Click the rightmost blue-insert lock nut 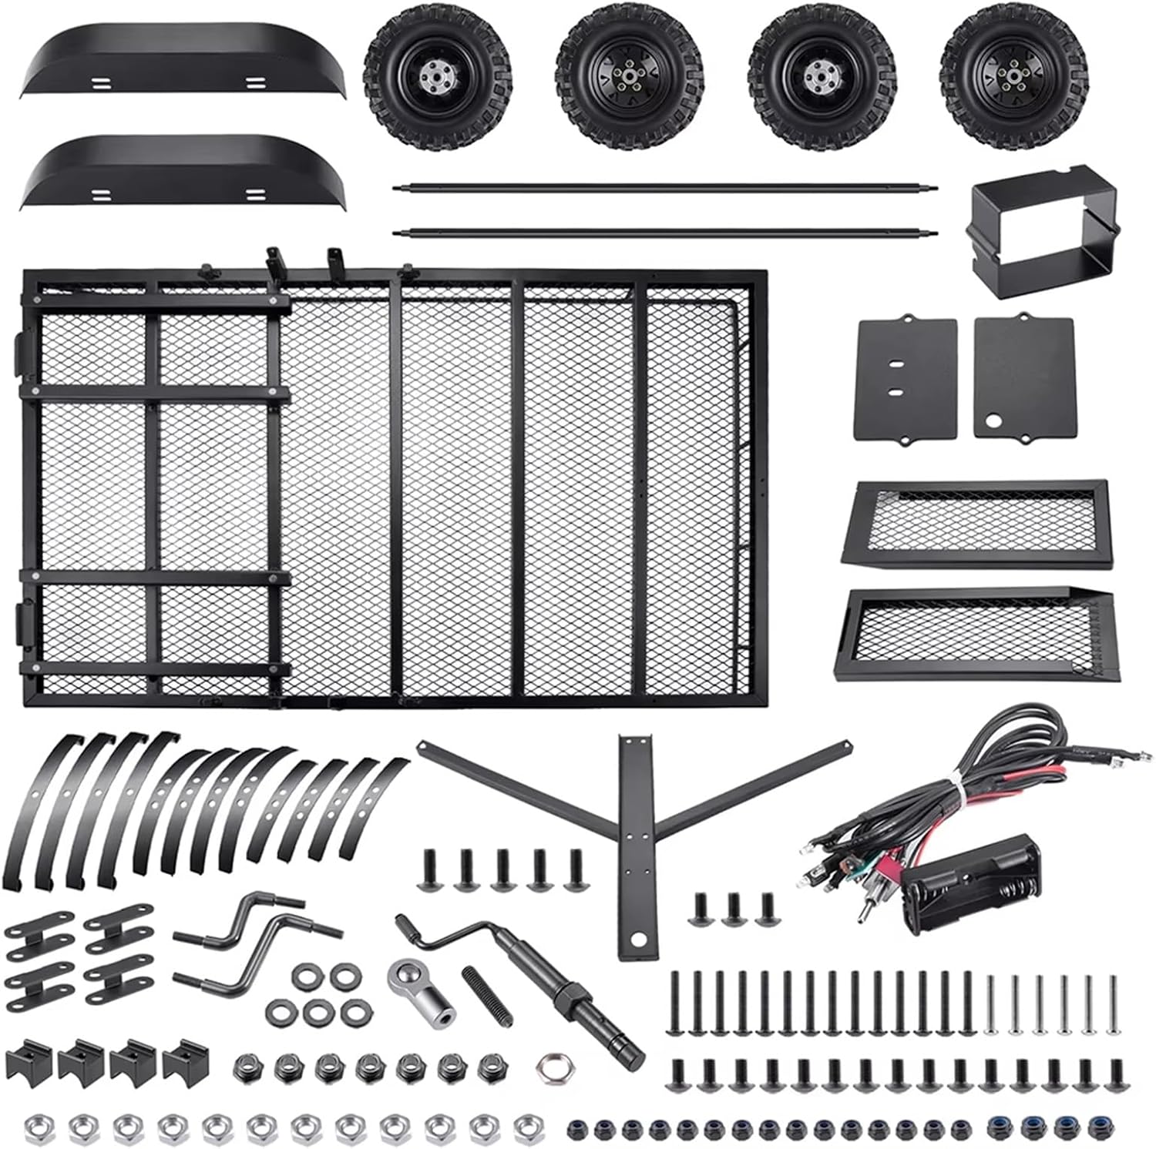pos(1097,1130)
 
